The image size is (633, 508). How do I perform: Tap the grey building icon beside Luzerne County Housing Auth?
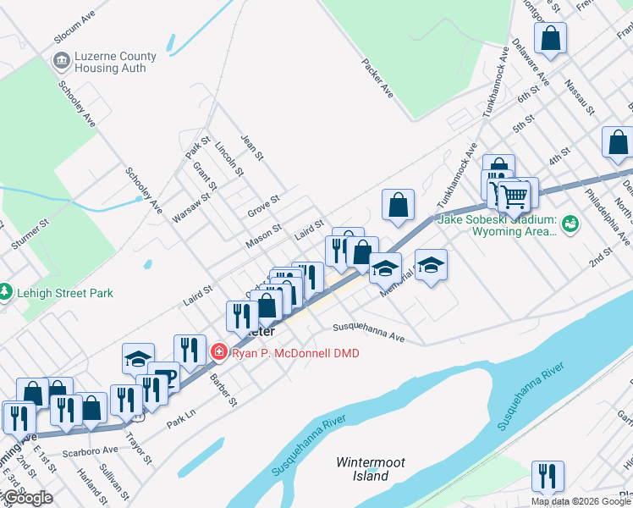click(x=61, y=60)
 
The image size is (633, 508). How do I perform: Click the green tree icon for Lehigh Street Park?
click(x=7, y=291)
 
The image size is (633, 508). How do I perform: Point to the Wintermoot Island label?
click(x=371, y=469)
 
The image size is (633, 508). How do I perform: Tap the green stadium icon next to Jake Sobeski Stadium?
click(x=571, y=224)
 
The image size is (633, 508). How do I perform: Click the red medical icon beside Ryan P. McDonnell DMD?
click(x=219, y=351)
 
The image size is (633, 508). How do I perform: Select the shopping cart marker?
click(x=514, y=196)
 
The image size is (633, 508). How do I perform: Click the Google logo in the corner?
click(x=27, y=499)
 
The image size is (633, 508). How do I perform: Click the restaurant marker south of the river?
click(x=548, y=476)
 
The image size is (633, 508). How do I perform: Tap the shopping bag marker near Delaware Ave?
click(x=550, y=39)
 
